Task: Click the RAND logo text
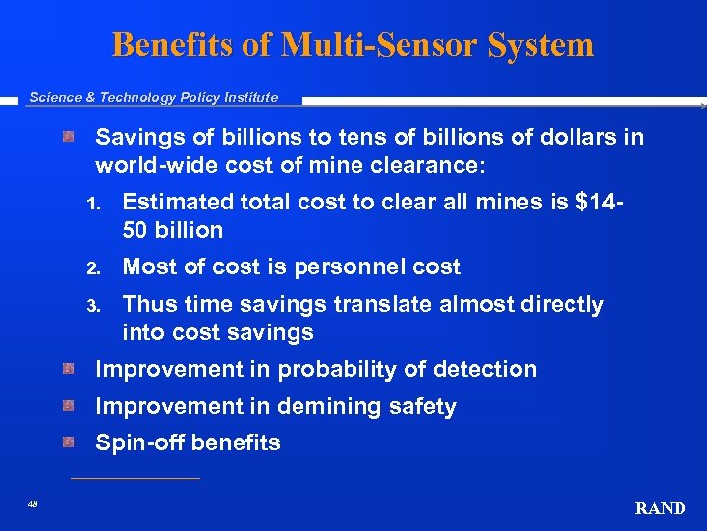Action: click(661, 508)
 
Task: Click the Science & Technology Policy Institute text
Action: click(153, 97)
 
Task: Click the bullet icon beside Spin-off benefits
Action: click(68, 442)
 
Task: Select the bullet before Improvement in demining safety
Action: click(68, 406)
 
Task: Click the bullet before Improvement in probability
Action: click(68, 369)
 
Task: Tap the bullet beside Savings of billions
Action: click(68, 136)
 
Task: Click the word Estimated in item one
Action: click(178, 202)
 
